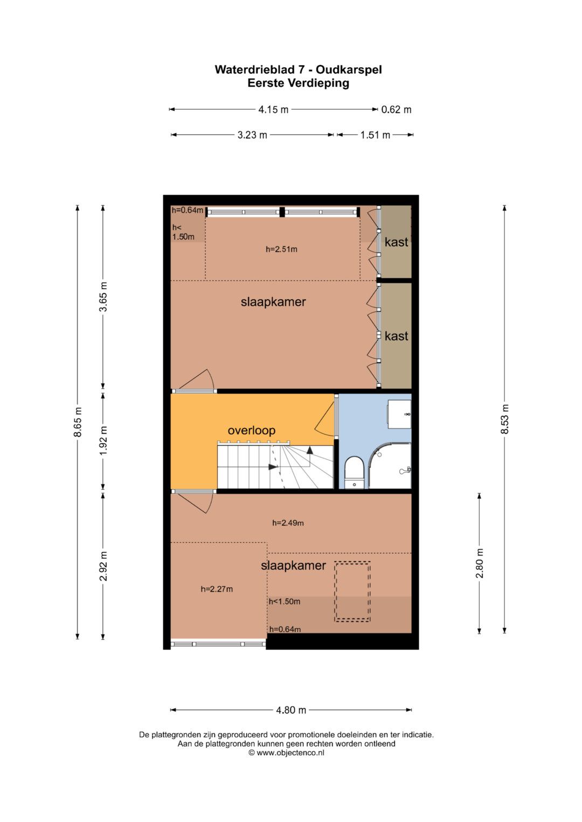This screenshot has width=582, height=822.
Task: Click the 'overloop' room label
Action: click(x=251, y=430)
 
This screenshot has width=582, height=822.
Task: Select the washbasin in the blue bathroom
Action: click(x=399, y=414)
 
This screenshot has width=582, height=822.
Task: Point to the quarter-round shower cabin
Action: click(x=390, y=466)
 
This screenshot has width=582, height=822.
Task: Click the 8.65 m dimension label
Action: click(x=78, y=422)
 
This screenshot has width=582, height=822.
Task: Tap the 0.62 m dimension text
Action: click(x=396, y=109)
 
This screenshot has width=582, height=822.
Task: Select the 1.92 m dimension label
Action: click(x=103, y=440)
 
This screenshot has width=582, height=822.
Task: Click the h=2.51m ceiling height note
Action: click(x=281, y=249)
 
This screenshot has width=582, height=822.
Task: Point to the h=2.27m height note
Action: click(x=217, y=589)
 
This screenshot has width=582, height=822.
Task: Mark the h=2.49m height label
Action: click(x=288, y=523)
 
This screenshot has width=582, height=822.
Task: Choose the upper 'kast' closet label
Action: click(x=396, y=242)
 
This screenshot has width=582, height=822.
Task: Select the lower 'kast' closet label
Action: click(x=396, y=336)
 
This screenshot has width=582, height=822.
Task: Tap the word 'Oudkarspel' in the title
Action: click(x=349, y=69)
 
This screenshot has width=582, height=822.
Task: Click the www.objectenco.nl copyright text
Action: click(x=287, y=753)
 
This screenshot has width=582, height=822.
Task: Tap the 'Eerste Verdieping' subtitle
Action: click(x=298, y=83)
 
